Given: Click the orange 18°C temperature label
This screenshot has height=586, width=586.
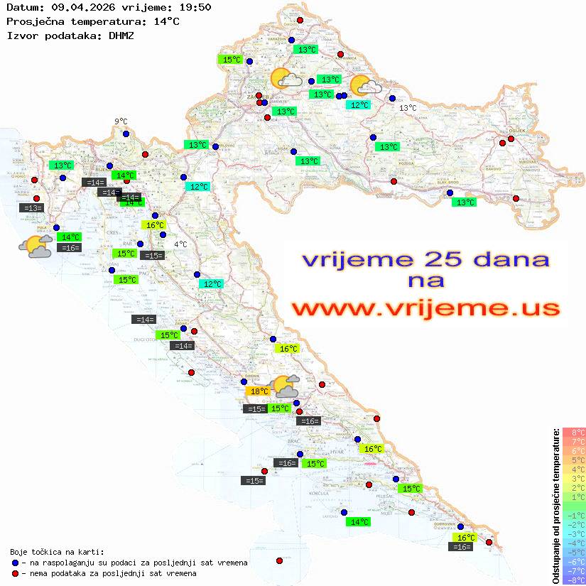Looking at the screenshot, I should (257, 391).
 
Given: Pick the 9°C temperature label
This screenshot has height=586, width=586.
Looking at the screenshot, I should (121, 121).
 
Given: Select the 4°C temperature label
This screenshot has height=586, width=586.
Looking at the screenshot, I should (180, 244).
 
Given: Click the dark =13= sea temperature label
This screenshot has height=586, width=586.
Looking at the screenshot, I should (33, 208).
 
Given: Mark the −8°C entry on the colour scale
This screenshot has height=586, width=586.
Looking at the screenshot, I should (574, 580).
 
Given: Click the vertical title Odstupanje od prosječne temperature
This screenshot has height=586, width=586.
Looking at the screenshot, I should (555, 506).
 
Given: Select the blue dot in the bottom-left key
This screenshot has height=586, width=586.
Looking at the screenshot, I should (15, 563).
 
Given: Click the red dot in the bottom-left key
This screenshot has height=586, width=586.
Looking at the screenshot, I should (15, 573).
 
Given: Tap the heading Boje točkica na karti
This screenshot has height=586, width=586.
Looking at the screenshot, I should (57, 552).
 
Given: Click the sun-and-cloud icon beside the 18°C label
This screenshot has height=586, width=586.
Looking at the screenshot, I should (286, 386).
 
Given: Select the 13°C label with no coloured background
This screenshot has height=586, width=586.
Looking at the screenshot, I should (408, 108).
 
